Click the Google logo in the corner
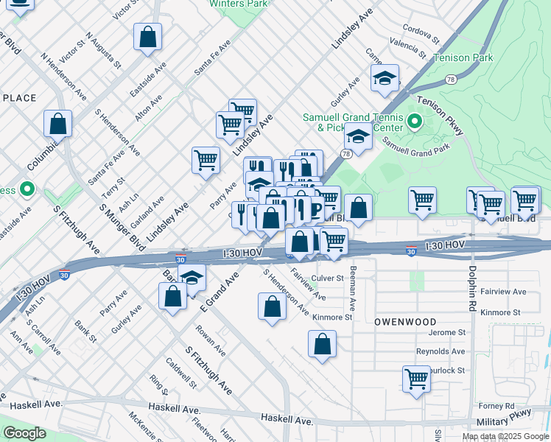tap(24, 433)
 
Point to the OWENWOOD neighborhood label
tap(404, 322)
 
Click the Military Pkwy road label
tap(513, 420)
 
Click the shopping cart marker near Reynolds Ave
tap(416, 379)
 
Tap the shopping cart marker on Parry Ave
tap(206, 160)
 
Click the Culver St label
tap(328, 278)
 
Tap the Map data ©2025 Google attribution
tap(505, 436)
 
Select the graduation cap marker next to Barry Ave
tap(192, 278)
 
